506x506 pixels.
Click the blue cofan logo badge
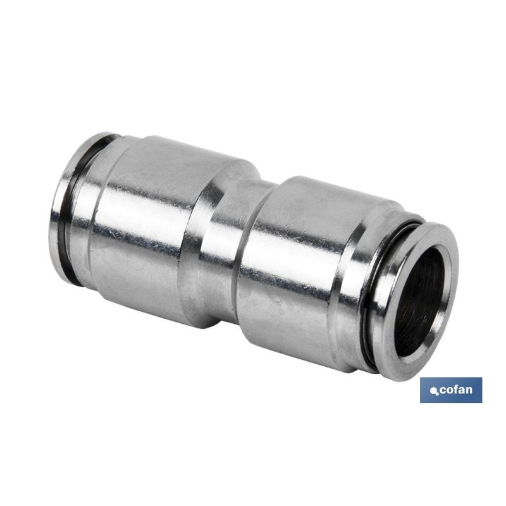click(x=451, y=390)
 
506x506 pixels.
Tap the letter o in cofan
click(x=450, y=392)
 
